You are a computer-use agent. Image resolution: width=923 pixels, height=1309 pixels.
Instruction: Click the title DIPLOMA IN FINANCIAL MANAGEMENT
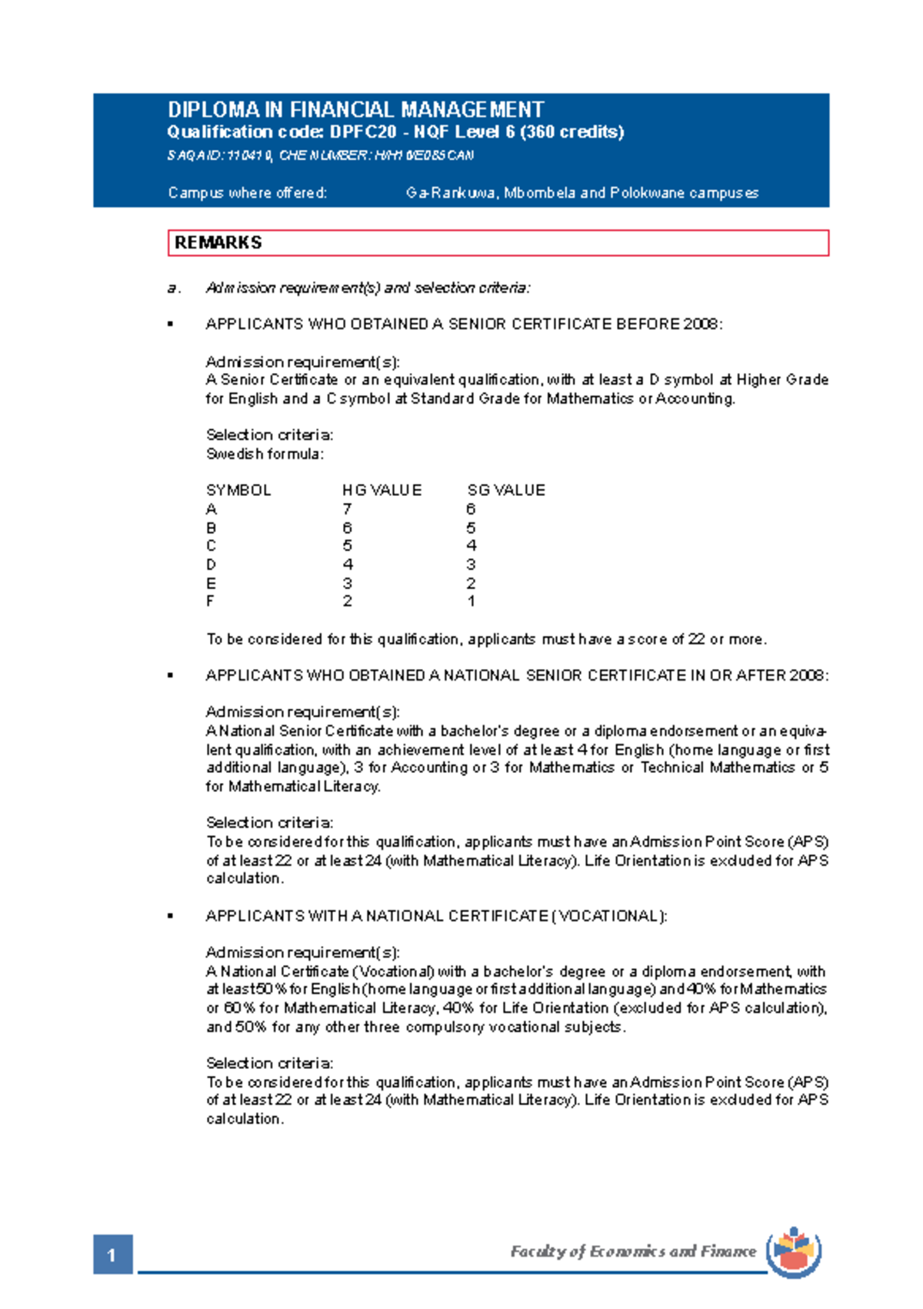355,110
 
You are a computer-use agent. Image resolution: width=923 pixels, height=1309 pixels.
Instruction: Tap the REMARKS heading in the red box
218,243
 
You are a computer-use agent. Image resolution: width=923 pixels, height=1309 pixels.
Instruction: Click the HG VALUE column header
382,491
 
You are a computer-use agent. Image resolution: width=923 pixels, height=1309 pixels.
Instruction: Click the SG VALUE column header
506,491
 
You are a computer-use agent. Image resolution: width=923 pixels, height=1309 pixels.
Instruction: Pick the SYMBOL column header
238,491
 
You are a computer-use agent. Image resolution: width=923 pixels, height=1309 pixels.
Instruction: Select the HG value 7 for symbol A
348,509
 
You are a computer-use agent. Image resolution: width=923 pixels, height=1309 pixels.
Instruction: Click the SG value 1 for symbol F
471,601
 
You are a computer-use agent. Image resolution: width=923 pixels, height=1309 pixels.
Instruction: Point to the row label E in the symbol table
211,583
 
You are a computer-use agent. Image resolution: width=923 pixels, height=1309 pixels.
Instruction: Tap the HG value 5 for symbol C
348,546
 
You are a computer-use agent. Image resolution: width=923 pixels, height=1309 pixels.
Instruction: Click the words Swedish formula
264,455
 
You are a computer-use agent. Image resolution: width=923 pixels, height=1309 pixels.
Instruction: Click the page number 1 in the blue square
112,1255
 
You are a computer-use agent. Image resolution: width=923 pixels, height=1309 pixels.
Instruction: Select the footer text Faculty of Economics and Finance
633,1252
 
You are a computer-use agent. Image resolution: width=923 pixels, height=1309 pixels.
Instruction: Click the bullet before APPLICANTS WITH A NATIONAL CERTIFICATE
171,917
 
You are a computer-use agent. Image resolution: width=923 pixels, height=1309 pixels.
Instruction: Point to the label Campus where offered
247,193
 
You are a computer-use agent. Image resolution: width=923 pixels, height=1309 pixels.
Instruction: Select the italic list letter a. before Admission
174,288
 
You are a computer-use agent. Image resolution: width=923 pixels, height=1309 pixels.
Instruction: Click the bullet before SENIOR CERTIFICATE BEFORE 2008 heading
171,325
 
